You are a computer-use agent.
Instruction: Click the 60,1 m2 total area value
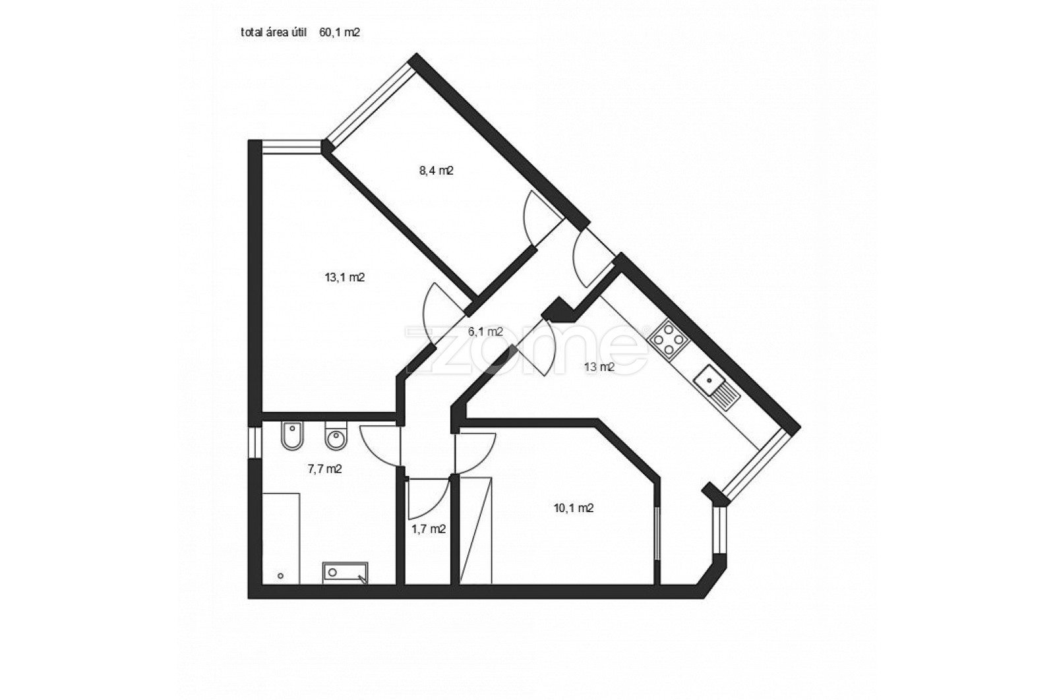340,32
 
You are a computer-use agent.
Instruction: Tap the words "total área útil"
274,32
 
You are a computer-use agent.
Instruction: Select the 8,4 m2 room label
437,171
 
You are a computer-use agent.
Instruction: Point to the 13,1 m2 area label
345,277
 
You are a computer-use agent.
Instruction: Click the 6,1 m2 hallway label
485,332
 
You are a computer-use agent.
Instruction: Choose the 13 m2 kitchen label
599,367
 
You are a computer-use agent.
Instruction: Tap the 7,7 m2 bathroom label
324,469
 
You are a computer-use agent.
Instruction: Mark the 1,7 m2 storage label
429,529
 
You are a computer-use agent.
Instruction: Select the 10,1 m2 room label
573,508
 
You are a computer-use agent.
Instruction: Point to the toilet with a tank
336,436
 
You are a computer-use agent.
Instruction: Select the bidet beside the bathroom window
292,436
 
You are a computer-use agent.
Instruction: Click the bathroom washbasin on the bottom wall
346,573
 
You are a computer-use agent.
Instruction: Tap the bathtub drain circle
281,575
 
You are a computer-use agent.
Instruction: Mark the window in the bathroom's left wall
255,443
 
